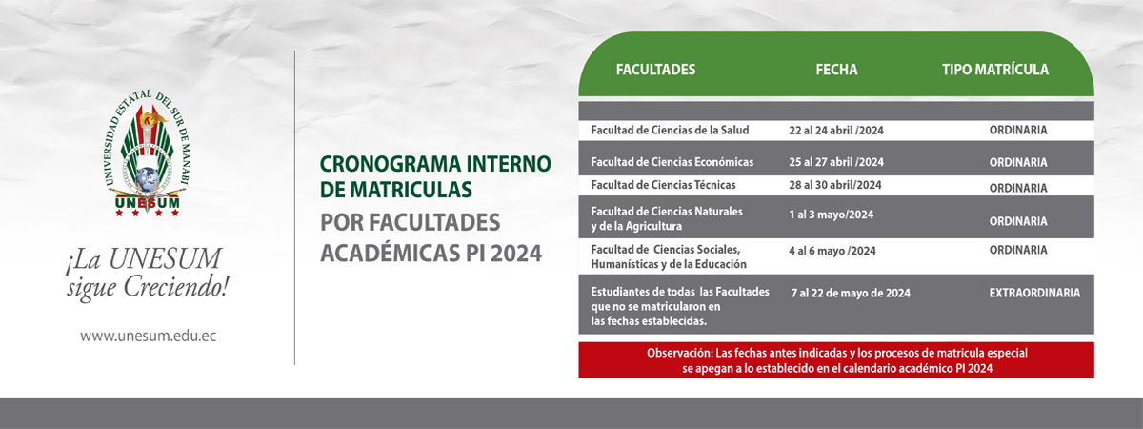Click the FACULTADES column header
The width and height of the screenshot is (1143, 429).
(x=655, y=70)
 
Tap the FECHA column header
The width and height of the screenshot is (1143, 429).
(x=836, y=70)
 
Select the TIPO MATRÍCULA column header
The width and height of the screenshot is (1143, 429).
(x=995, y=70)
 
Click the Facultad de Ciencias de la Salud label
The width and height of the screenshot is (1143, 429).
(x=670, y=131)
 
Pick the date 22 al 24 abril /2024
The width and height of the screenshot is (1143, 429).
(x=836, y=131)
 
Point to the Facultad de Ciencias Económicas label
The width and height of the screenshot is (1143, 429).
(x=672, y=162)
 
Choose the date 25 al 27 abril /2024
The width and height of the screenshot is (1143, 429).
(x=836, y=162)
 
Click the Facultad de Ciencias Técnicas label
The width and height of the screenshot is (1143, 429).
(x=663, y=185)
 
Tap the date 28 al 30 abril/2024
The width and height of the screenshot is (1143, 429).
(x=834, y=185)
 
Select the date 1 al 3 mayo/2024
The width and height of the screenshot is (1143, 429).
(x=832, y=214)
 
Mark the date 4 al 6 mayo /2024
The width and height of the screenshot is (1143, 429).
(x=832, y=251)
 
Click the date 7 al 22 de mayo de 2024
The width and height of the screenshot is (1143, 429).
(x=851, y=294)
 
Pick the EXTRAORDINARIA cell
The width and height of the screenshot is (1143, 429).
(x=1034, y=294)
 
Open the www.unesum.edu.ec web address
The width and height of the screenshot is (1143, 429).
(x=148, y=336)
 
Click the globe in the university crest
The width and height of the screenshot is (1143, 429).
(x=147, y=180)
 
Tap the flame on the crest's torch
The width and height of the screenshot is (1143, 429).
(x=153, y=117)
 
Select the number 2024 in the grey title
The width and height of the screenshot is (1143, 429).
(x=515, y=254)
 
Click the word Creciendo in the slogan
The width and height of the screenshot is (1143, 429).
(x=175, y=288)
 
